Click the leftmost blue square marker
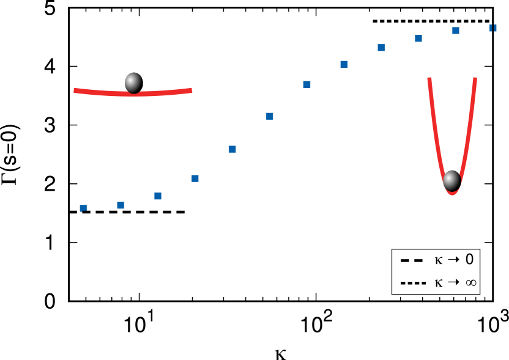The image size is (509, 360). pos(83,208)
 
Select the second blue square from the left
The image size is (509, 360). pos(121,205)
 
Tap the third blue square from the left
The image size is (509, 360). pos(158,196)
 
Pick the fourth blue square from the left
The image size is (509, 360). pos(195,178)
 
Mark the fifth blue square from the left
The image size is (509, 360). pos(232,149)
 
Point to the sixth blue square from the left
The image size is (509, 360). pos(269,116)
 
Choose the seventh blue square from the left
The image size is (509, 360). pos(307,84)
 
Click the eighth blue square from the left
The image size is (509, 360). pos(344,64)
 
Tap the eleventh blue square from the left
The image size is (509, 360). pos(455,31)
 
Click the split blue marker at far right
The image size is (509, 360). pos(492,28)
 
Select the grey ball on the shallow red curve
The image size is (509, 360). pos(133,83)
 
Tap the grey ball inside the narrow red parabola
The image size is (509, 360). pos(451,180)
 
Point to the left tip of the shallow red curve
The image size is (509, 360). pos(75,90)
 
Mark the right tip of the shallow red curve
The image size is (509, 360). pos(191,90)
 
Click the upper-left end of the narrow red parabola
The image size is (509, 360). pos(429,79)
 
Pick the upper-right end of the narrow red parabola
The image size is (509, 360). pos(475,79)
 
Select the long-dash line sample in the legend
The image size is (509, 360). pos(412,260)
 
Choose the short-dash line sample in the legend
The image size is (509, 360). pos(413,283)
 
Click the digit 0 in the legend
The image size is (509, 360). pos(469,260)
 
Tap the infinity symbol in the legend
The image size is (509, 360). pos(470,283)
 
